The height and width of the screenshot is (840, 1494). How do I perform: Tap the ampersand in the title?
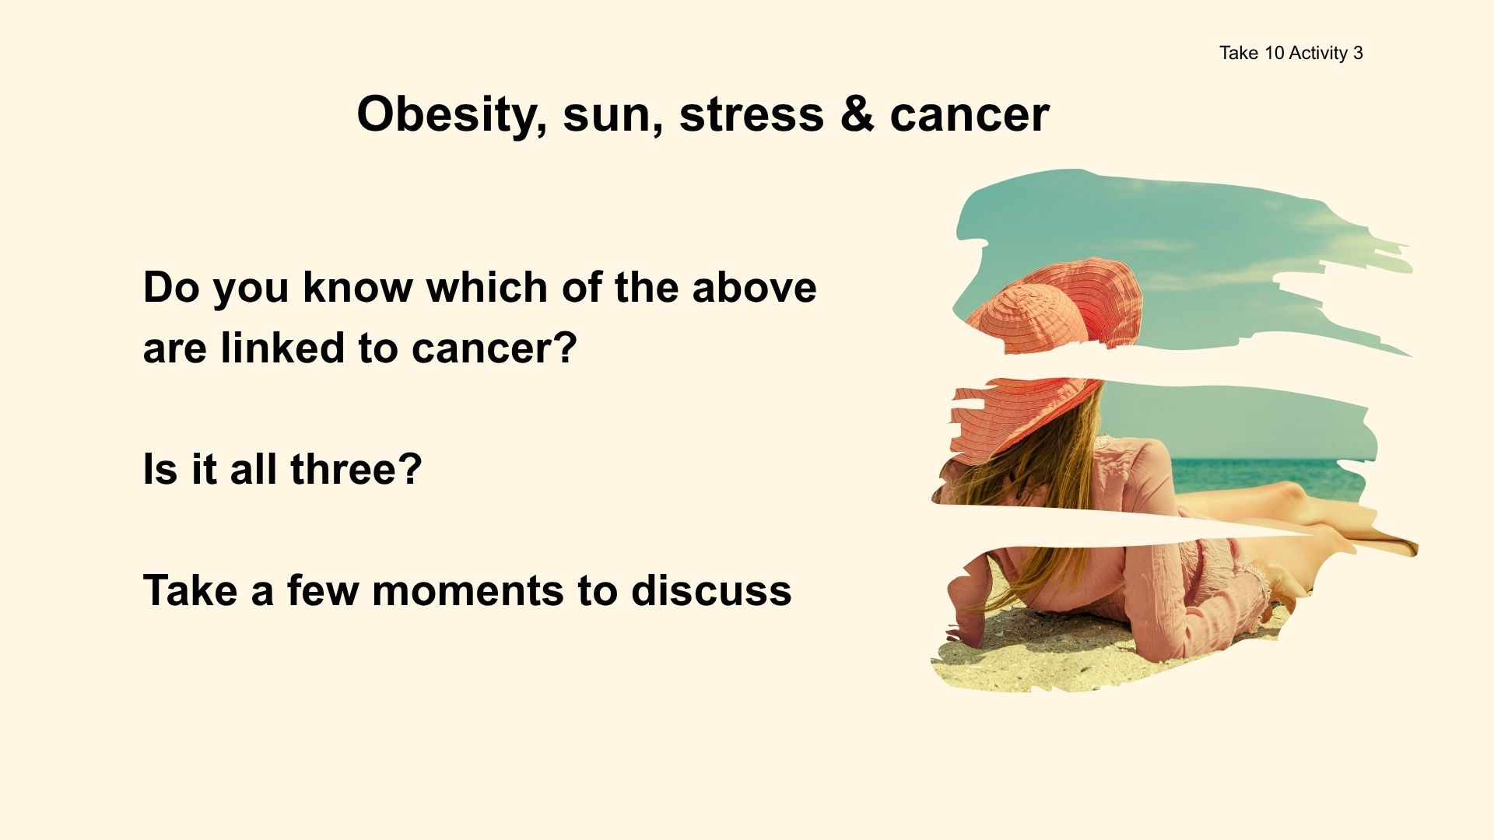click(857, 114)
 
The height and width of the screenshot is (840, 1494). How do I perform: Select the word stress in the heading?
click(751, 114)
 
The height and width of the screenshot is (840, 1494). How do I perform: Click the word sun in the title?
click(612, 114)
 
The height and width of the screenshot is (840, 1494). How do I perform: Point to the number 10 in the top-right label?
click(1274, 53)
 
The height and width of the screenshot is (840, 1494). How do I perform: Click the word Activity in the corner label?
click(1318, 53)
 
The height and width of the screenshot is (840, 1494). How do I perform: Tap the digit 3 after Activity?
click(1358, 53)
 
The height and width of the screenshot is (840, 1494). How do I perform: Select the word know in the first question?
click(357, 287)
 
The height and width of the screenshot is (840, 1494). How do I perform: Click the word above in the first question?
click(754, 287)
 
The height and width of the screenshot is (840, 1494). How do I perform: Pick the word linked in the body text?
click(282, 348)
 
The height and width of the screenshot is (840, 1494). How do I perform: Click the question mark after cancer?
click(566, 348)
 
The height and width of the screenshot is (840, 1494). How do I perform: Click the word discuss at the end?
click(711, 590)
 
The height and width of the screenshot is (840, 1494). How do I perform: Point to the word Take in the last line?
click(190, 590)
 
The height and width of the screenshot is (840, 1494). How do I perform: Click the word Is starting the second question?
click(160, 469)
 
